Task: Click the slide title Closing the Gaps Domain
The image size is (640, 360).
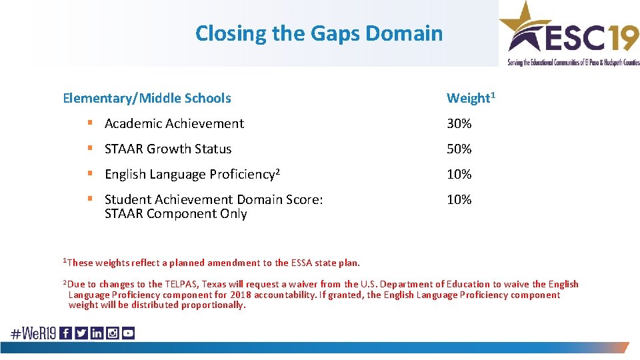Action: click(319, 33)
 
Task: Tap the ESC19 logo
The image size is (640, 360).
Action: click(570, 33)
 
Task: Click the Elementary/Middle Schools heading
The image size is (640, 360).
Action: click(147, 98)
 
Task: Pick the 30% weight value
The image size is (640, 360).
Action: click(459, 123)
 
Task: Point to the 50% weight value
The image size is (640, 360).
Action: click(459, 149)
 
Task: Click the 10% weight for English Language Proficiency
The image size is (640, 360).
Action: click(459, 174)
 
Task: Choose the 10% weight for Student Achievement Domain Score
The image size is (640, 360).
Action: click(459, 199)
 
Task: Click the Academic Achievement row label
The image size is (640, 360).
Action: click(174, 123)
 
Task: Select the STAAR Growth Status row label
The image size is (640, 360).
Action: click(168, 149)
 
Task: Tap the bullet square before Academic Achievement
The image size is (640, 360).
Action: click(90, 124)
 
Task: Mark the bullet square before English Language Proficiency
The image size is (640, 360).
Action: click(90, 175)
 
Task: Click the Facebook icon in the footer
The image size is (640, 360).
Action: click(66, 333)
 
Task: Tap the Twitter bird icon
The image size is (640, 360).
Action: click(81, 333)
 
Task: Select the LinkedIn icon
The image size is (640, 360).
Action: click(97, 333)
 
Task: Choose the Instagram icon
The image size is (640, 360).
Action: click(112, 333)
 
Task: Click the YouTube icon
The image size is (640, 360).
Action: click(128, 333)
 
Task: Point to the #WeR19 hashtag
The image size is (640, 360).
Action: click(33, 333)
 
